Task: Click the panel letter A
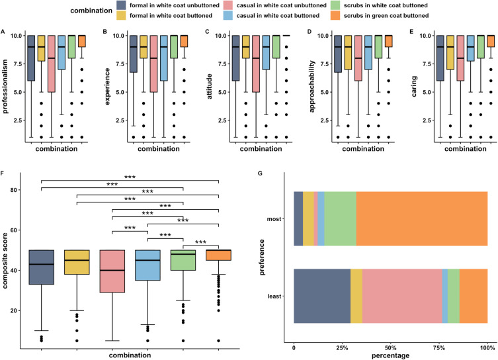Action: (x=4, y=31)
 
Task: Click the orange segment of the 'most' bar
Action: (x=422, y=218)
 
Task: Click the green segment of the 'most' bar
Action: (x=341, y=218)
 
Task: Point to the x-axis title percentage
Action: (x=391, y=355)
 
